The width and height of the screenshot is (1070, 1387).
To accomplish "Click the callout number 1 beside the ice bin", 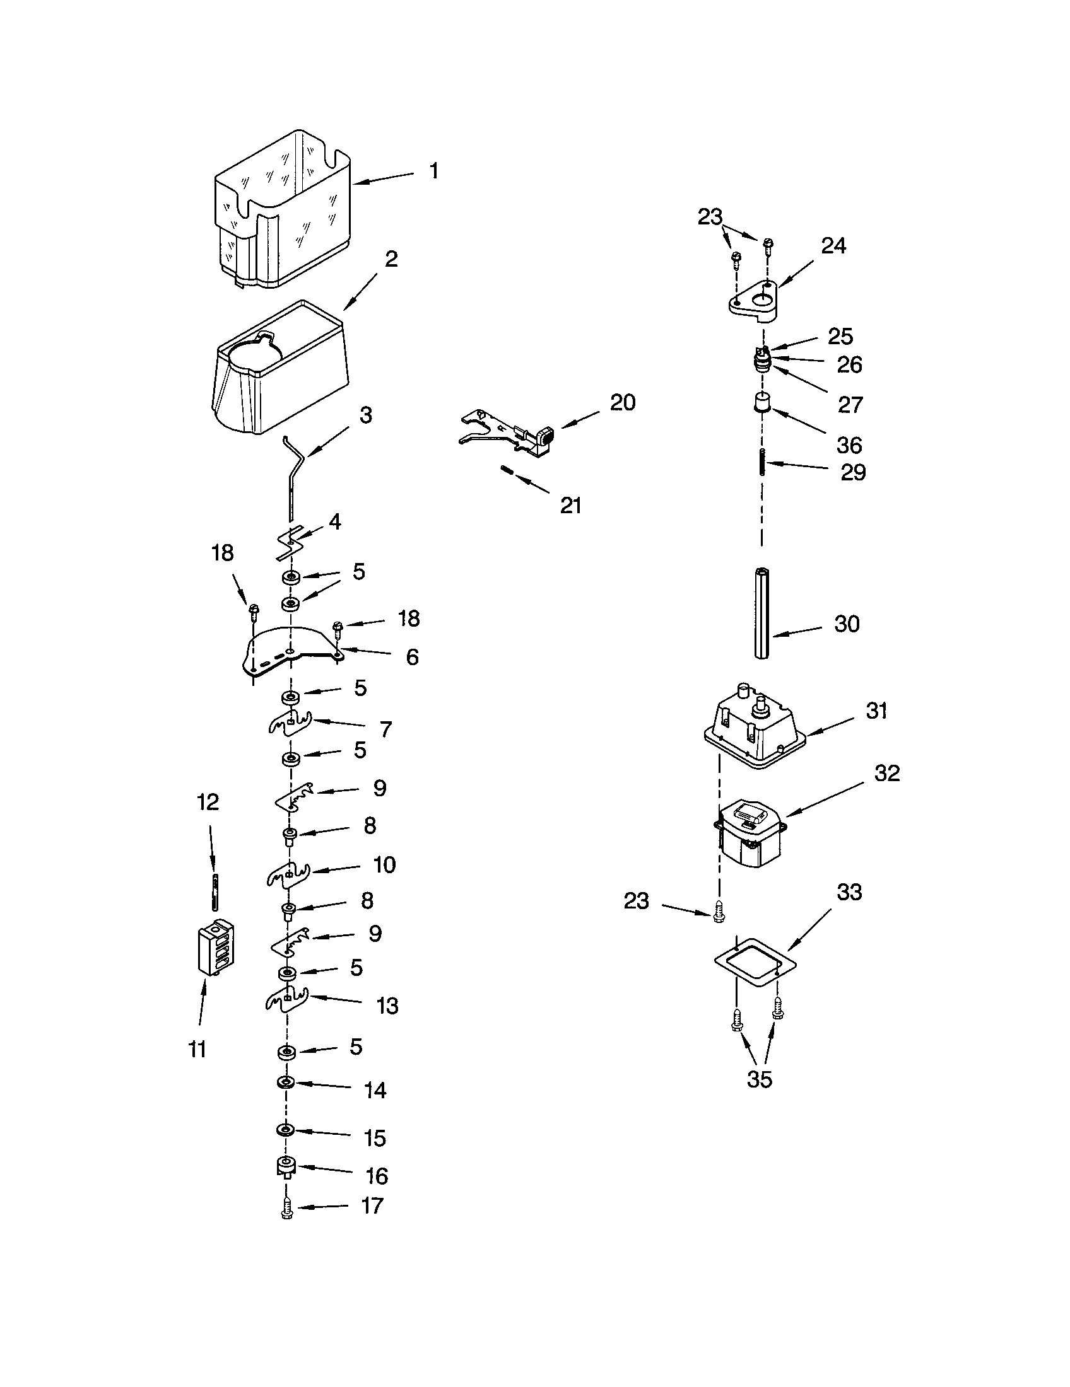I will [433, 171].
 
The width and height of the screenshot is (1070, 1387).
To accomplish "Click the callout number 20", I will [622, 403].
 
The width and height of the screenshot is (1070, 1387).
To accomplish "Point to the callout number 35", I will [760, 1079].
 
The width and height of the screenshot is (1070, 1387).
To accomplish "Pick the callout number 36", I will [849, 445].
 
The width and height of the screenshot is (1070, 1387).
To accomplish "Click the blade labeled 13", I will [286, 1002].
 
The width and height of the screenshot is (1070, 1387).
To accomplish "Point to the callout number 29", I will [853, 472].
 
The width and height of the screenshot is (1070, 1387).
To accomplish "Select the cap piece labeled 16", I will [286, 1166].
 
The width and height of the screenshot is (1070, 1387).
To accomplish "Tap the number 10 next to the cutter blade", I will [384, 864].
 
